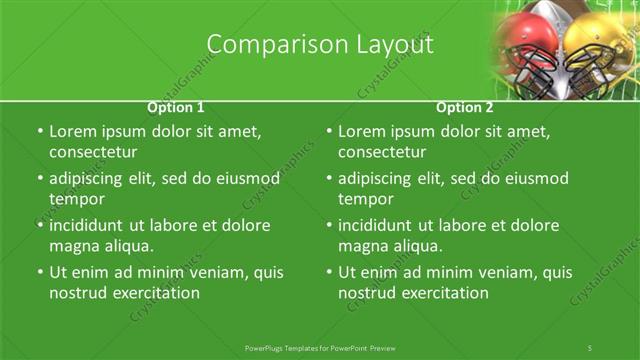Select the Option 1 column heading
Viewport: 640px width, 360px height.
176,107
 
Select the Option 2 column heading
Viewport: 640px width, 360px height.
465,107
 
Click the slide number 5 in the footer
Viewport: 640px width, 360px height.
590,347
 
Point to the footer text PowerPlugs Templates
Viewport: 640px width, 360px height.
286,347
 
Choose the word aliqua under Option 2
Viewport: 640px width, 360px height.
418,246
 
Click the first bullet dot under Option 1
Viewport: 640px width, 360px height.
39,132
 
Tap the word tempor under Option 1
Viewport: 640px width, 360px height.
73,199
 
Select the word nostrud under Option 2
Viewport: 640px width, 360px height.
367,293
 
